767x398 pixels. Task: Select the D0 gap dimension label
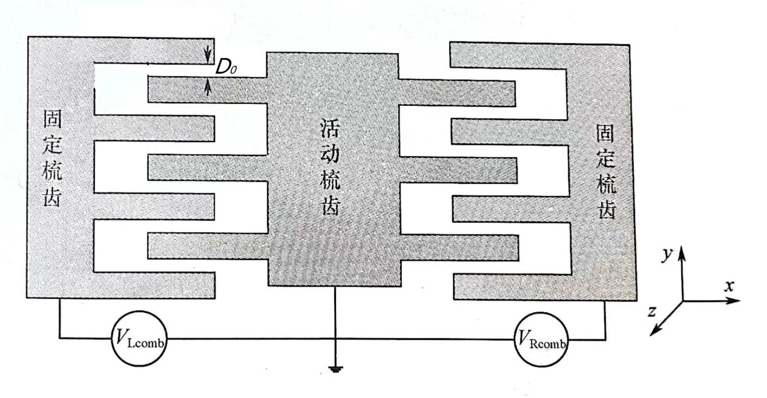(x=226, y=68)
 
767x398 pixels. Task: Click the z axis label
(x=653, y=312)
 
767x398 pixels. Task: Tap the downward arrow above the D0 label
(x=208, y=52)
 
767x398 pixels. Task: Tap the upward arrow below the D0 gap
(x=208, y=88)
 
